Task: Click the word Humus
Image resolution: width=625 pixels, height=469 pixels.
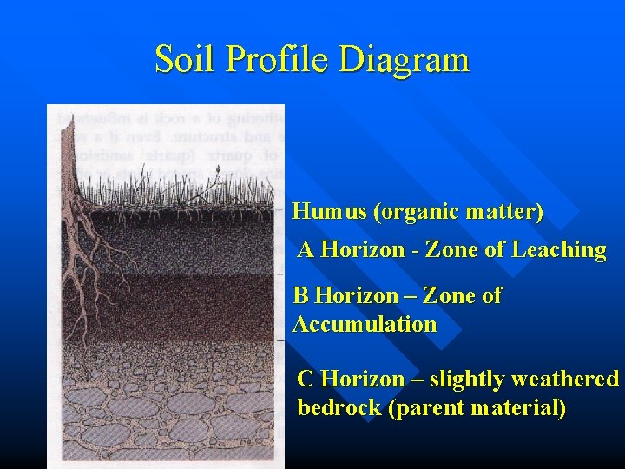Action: (x=324, y=211)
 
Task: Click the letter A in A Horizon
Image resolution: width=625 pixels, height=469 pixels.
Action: (x=306, y=250)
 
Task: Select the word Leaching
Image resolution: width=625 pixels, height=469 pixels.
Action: (x=559, y=250)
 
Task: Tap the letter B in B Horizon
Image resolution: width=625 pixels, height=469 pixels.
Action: (x=300, y=296)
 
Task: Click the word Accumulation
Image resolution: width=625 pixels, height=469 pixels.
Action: (x=365, y=325)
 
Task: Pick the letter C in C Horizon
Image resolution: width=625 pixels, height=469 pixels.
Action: (x=306, y=380)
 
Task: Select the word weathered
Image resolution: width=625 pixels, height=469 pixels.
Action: (x=565, y=380)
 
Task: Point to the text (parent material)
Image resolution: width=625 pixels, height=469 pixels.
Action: (x=477, y=408)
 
